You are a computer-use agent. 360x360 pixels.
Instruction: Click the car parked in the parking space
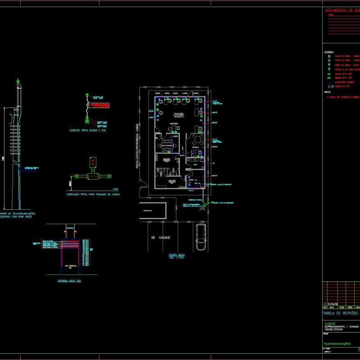tap(200, 238)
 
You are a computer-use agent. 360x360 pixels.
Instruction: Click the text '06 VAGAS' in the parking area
tap(159, 237)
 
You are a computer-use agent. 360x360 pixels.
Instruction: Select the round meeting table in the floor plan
tap(197, 141)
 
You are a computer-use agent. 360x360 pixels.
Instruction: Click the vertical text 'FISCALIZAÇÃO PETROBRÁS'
tap(137, 146)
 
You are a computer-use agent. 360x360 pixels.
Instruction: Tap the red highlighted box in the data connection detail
tap(100, 105)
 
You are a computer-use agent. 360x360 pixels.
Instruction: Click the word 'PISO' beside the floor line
tap(116, 189)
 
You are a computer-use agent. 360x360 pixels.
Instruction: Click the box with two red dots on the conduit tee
tap(93, 162)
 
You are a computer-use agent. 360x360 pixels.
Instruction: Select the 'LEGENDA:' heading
tap(329, 52)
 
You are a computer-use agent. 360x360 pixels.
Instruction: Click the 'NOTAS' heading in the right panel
tap(327, 92)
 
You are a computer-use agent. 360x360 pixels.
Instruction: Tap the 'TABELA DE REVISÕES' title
tap(340, 313)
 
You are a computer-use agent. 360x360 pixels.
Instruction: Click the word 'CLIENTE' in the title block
tap(329, 324)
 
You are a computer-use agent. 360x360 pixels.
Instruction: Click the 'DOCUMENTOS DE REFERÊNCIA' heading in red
tap(342, 10)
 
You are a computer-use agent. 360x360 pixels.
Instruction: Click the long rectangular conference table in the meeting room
tap(167, 144)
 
